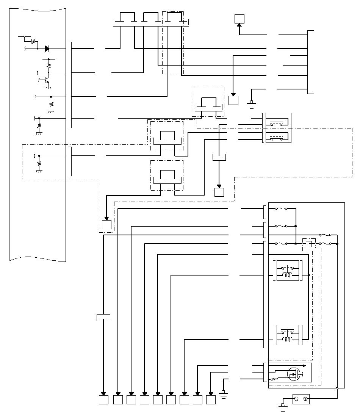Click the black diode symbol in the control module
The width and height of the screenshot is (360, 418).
pos(47,49)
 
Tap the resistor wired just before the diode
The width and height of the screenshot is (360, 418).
pos(33,41)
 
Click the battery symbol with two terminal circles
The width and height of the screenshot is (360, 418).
pos(301,399)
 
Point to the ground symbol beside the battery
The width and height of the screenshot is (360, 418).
pos(282,406)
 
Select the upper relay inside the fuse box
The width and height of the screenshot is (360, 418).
pos(288,271)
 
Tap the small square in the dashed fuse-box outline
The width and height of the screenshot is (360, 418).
pos(309,244)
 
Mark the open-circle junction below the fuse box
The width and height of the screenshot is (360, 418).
pos(337,388)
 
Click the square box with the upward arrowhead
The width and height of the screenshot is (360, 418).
pos(239,19)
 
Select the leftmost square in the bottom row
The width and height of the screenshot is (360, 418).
pos(103,400)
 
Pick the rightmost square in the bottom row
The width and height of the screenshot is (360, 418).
pos(211,400)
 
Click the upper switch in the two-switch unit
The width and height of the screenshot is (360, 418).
pos(277,123)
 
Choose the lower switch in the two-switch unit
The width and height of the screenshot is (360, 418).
pos(277,137)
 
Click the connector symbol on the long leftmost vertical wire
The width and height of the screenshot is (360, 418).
pos(103,317)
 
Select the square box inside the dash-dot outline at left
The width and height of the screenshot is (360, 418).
pos(106,225)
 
